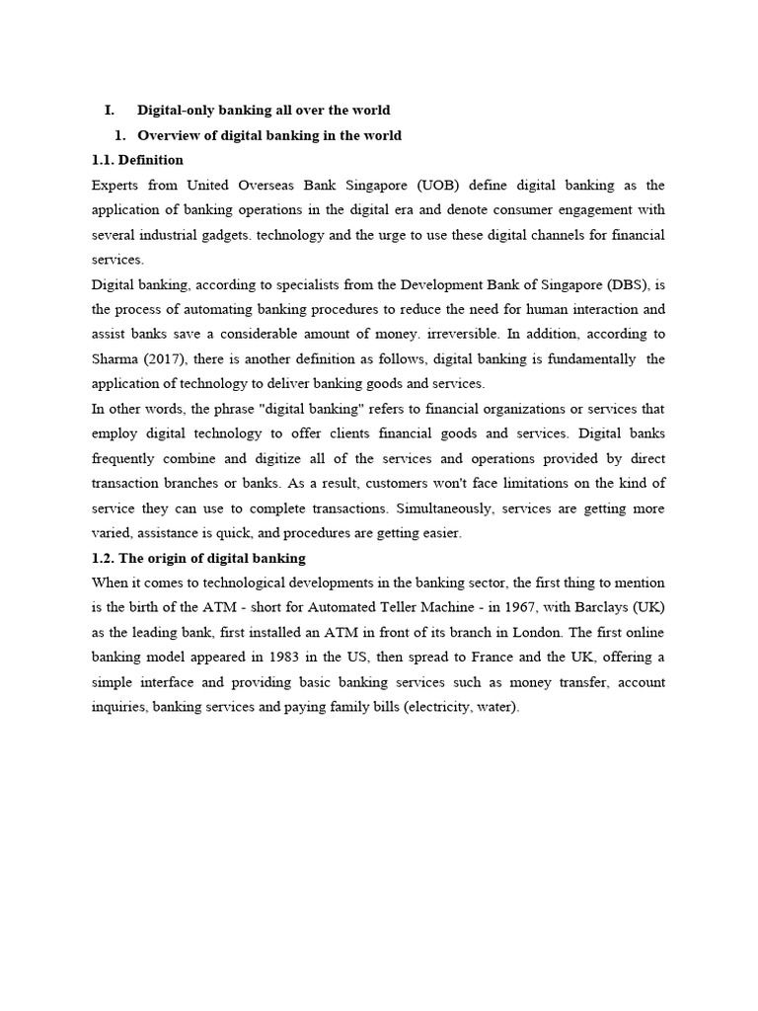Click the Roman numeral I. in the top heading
[111, 111]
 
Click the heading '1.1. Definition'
[137, 160]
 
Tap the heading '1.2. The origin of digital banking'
[198, 559]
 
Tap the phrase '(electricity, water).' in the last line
[461, 708]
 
